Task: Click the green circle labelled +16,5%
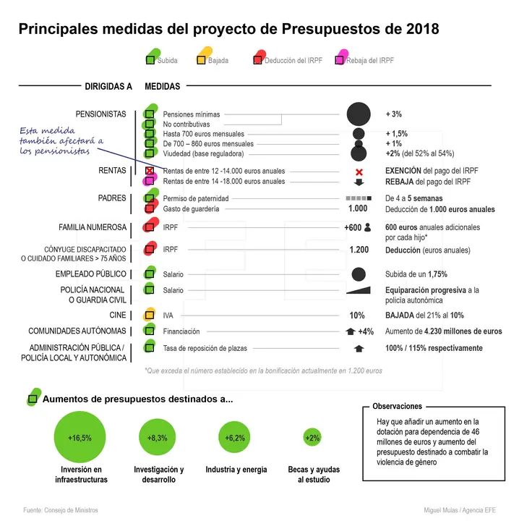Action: tap(80, 438)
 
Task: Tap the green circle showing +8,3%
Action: tap(158, 438)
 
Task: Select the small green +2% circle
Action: tap(312, 438)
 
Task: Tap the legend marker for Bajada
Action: tap(202, 60)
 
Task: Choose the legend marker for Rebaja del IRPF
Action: tap(338, 60)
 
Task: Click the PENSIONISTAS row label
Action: tap(100, 114)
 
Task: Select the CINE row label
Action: tap(117, 315)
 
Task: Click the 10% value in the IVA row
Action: tap(357, 315)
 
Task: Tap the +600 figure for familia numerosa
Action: tap(353, 228)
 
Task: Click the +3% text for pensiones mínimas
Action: tap(394, 114)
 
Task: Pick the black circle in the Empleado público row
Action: tap(358, 274)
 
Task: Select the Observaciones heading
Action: tap(397, 407)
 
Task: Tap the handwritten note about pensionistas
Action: tap(62, 141)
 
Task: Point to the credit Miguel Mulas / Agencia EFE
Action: tap(460, 510)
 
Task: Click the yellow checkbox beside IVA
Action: tap(150, 315)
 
